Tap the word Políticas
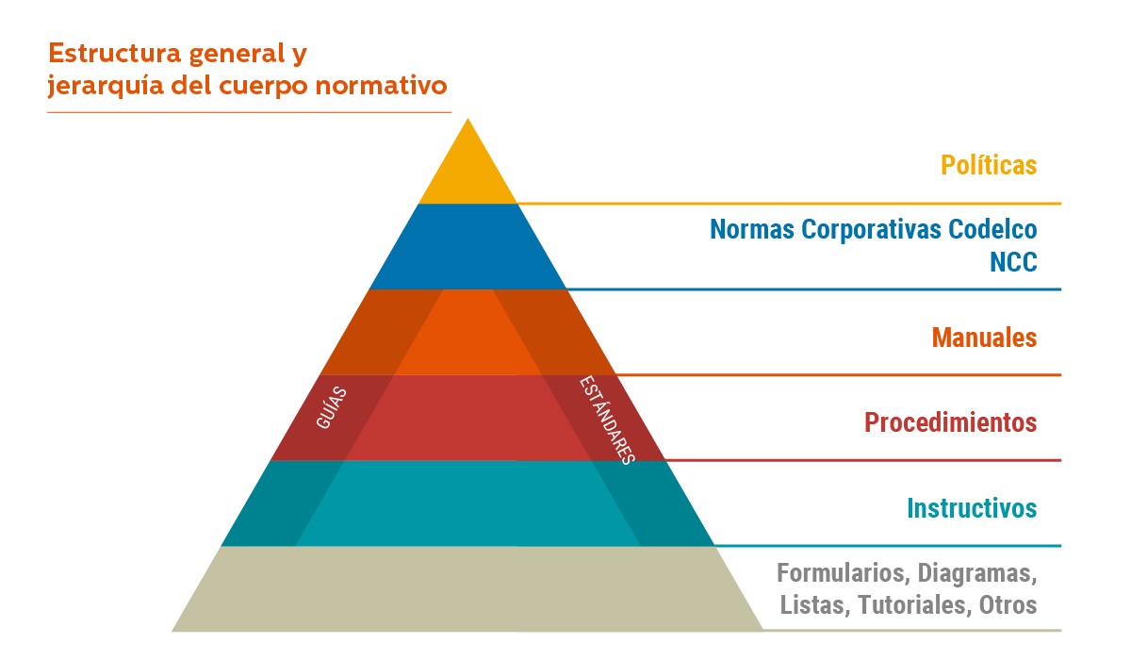(989, 165)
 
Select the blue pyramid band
(467, 247)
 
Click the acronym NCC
(1013, 262)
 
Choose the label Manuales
(984, 338)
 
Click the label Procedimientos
(951, 421)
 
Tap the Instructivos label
(972, 508)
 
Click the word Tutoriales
(910, 604)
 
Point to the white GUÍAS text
(331, 408)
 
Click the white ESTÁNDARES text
(606, 420)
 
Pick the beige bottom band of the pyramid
(467, 589)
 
